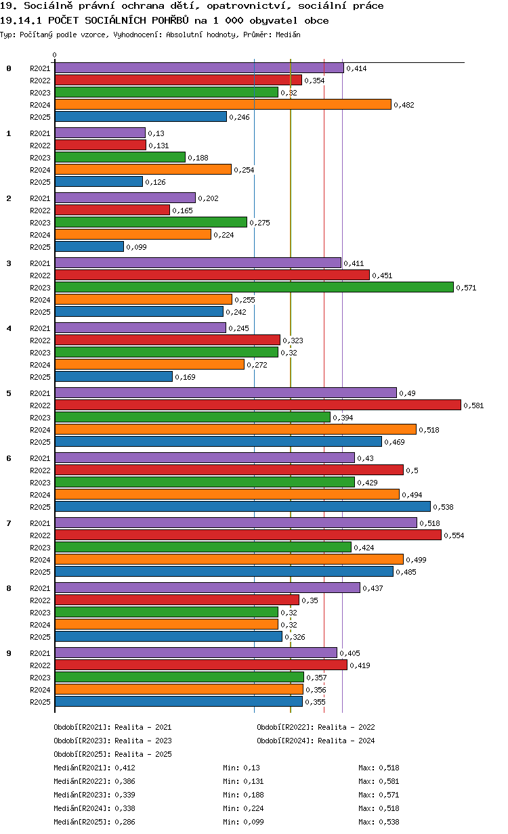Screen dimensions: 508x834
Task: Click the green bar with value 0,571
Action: pos(255,287)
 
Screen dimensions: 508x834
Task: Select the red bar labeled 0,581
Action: pos(258,405)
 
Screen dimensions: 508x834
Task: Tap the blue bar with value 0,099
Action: pos(89,246)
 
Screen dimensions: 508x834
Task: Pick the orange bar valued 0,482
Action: pos(223,104)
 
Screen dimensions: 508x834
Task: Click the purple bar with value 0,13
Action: pos(100,133)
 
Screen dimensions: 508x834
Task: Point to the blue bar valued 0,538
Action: pos(243,506)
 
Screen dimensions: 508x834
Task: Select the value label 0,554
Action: pos(454,535)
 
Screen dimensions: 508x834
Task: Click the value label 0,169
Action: pos(185,377)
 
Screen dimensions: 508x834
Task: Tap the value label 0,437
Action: pos(373,588)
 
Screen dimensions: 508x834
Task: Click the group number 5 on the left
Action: pos(9,393)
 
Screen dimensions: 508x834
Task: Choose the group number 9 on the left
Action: pos(9,653)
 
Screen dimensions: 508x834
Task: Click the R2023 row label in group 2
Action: pos(40,223)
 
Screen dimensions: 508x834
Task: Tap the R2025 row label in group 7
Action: pos(40,572)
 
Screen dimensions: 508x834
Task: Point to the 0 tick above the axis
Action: pos(54,55)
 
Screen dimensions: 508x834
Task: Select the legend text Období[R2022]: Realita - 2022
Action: pos(316,727)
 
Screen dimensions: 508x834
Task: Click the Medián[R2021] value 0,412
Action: pos(125,768)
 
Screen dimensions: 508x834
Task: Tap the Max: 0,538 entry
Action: pos(379,822)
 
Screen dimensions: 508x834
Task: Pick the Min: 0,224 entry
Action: pos(243,808)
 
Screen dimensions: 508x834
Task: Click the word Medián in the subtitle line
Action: pos(288,35)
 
